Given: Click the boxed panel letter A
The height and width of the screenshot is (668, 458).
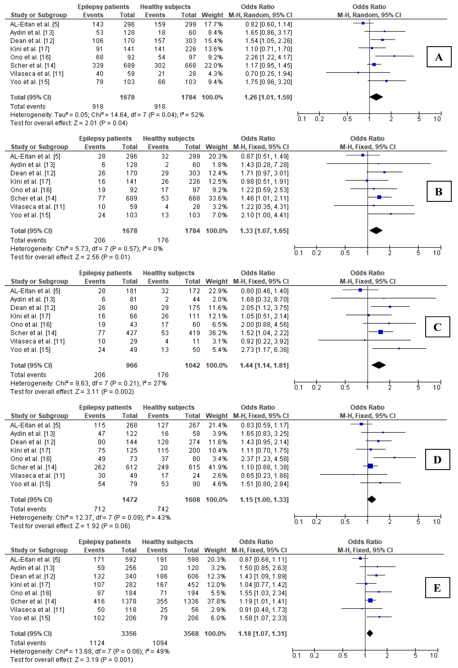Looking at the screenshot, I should (438, 57).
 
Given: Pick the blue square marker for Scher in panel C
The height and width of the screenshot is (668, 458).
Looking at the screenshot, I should (380, 332).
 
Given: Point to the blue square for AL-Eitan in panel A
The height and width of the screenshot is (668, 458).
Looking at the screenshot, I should (363, 23).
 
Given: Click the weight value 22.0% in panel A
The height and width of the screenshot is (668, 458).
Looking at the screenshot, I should (213, 66).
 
